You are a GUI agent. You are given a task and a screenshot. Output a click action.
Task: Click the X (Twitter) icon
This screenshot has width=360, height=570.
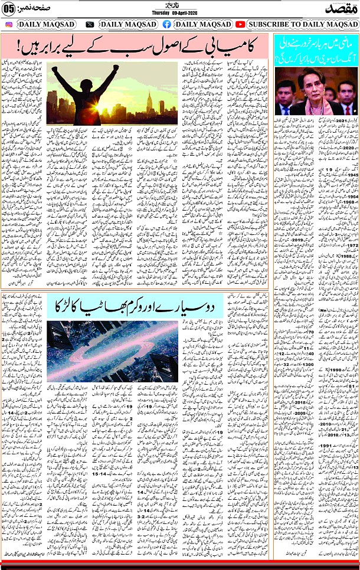point(90,24)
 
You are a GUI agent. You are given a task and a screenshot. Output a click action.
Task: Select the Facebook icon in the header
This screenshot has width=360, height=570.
point(166,24)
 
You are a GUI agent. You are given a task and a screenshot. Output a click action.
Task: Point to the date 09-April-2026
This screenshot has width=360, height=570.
point(189,13)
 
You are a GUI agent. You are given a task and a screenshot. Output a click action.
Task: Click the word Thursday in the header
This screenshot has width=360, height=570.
point(163,13)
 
